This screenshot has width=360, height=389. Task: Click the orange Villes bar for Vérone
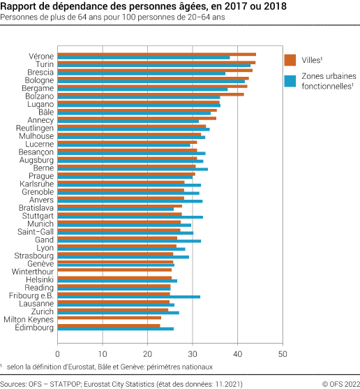click(156, 54)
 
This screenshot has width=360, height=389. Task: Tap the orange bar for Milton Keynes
click(109, 318)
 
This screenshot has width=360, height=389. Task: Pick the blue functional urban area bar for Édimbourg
click(115, 328)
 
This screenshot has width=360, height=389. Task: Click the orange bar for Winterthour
click(114, 269)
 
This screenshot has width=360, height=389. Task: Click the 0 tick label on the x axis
click(57, 344)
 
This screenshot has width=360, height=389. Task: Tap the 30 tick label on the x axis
click(193, 344)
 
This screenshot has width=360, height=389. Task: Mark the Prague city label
click(42, 176)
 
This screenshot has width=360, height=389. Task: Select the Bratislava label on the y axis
click(36, 207)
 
